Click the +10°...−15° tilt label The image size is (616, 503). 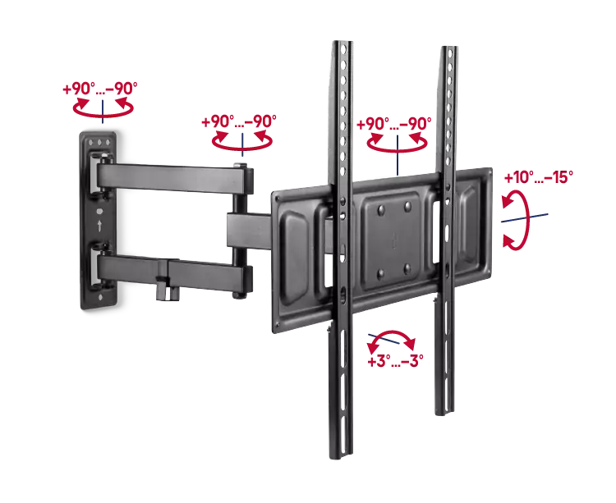tap(538, 177)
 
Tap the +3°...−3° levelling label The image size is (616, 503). tap(395, 361)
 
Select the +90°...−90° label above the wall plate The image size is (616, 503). tap(100, 89)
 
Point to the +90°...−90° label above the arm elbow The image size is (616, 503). tap(239, 121)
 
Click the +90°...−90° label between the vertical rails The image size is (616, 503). tap(393, 124)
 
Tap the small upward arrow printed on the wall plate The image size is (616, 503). tap(99, 226)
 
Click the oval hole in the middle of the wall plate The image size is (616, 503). tap(99, 211)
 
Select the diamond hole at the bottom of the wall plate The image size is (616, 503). tap(101, 297)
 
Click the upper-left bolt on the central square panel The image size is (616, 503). tap(380, 211)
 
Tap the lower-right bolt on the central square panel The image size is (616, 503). tap(407, 269)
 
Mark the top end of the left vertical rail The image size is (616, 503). tap(342, 43)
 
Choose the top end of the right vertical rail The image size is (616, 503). tap(448, 48)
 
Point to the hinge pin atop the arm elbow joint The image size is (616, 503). tap(240, 166)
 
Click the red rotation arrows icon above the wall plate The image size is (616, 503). tap(103, 107)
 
